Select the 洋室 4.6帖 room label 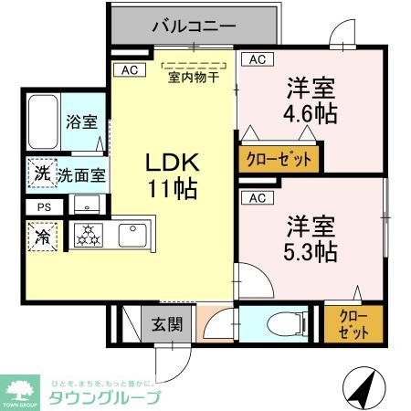click(x=311, y=102)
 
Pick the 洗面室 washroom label click(x=80, y=174)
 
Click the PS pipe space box click(x=44, y=207)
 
